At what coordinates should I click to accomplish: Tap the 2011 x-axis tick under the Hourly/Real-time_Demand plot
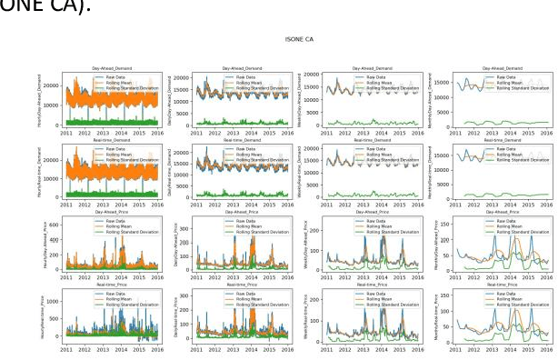67,206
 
